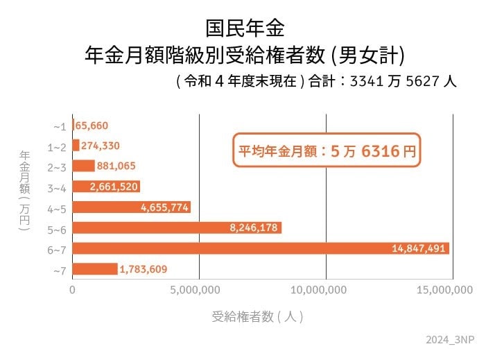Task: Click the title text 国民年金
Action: pyautogui.click(x=244, y=28)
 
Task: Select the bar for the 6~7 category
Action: pyautogui.click(x=261, y=248)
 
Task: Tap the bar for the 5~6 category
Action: pyautogui.click(x=177, y=228)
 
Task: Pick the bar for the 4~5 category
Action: pyautogui.click(x=131, y=207)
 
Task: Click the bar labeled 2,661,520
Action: pyautogui.click(x=106, y=187)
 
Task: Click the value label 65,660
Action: pyautogui.click(x=92, y=126)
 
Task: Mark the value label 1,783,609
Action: pyautogui.click(x=143, y=269)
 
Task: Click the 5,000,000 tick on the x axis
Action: pyautogui.click(x=198, y=290)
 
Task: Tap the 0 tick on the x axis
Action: pyautogui.click(x=72, y=290)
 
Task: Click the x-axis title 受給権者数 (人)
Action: pyautogui.click(x=257, y=317)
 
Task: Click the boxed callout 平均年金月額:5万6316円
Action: pyautogui.click(x=327, y=151)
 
